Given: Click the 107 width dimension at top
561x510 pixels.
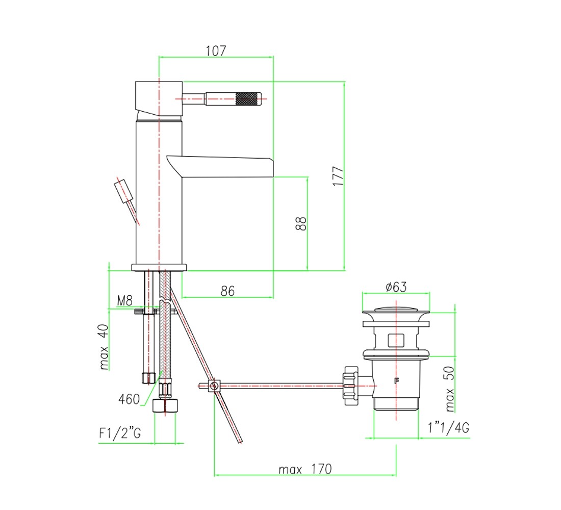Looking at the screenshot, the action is click(x=216, y=51).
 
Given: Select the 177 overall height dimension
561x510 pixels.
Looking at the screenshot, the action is click(x=338, y=176).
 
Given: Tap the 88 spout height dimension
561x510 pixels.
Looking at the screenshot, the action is click(x=301, y=224).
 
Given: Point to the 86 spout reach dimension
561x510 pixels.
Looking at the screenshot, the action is click(x=227, y=291).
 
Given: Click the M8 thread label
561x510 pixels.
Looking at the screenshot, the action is click(x=125, y=300).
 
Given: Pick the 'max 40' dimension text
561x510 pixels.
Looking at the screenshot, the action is click(x=104, y=347).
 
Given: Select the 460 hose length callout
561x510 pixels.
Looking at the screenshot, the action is click(x=129, y=399).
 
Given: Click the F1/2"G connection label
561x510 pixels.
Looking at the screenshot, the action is click(x=120, y=433).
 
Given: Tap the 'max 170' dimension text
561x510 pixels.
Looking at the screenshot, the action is click(x=305, y=469).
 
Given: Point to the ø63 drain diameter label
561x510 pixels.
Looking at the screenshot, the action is click(x=396, y=287).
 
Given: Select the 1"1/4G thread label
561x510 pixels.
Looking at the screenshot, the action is click(x=449, y=427).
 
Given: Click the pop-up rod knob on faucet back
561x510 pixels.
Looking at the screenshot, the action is click(x=123, y=191).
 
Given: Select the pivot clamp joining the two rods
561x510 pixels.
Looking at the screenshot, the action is click(x=214, y=386).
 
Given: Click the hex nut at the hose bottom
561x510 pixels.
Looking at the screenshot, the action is click(x=165, y=406).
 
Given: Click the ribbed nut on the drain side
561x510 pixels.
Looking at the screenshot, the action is click(x=351, y=386).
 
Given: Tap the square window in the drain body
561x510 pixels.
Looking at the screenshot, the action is click(x=396, y=340).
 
